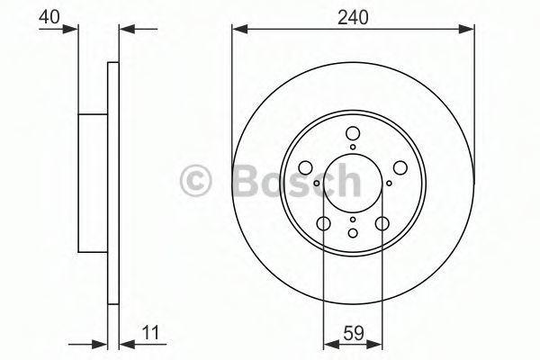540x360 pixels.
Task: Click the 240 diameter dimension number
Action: coord(353,17)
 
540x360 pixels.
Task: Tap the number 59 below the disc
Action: coord(354,333)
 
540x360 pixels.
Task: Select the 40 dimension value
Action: coord(49,17)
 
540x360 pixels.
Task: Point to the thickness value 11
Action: coord(151,333)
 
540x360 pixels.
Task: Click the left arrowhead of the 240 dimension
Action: coord(240,29)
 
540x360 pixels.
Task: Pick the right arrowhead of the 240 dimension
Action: coord(466,29)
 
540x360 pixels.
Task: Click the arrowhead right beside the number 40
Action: coord(70,29)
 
